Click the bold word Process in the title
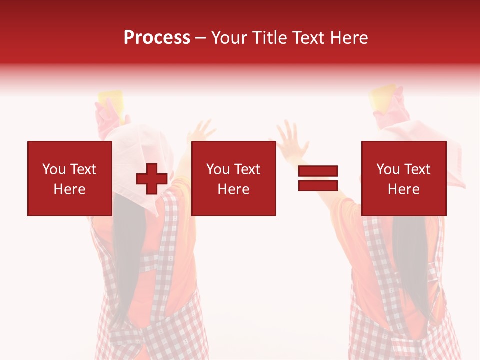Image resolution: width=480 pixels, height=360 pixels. (157, 38)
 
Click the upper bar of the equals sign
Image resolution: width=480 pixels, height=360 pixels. (318, 171)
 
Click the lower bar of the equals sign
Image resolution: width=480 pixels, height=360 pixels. (318, 186)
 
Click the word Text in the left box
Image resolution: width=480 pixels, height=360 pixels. (82, 169)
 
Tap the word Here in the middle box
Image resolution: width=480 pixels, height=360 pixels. (234, 189)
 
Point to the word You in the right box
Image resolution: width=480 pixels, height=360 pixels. (388, 169)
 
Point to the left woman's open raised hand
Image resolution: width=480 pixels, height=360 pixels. (201, 131)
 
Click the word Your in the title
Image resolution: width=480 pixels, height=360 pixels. (229, 38)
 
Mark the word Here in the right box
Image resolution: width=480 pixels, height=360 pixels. (404, 189)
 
